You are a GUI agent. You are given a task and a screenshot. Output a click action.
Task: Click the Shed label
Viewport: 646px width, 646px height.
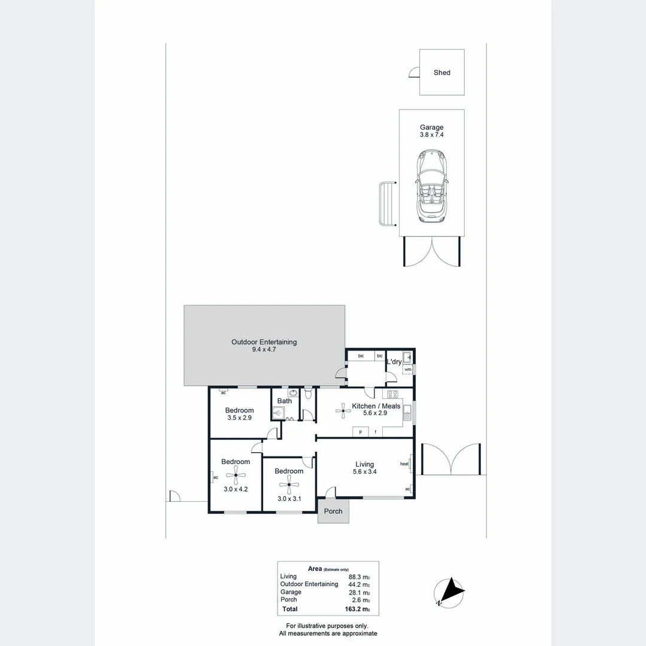(442, 72)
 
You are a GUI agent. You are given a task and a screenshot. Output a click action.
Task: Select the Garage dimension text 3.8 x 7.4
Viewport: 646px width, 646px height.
(431, 135)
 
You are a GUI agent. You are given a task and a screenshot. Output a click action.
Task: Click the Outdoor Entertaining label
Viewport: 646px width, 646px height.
(264, 342)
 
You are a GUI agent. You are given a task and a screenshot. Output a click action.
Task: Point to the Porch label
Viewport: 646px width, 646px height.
(333, 511)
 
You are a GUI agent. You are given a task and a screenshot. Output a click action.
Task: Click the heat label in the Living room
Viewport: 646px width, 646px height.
(404, 464)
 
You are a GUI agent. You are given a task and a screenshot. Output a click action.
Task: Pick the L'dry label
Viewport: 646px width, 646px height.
(394, 362)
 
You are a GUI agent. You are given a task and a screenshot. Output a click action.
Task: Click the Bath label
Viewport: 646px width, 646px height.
(285, 401)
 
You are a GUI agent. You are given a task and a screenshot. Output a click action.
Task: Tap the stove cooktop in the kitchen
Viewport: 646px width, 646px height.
(393, 394)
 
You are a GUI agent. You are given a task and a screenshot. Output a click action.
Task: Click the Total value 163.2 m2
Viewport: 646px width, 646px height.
(356, 610)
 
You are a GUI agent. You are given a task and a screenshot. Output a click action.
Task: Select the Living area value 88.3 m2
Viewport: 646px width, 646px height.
(359, 577)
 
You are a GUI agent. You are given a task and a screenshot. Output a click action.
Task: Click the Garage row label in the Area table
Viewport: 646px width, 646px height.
(291, 592)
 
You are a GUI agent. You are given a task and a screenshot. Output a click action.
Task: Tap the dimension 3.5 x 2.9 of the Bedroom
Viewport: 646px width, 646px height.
(239, 418)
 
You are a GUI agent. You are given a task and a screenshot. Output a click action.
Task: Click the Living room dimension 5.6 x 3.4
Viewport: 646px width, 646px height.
(364, 472)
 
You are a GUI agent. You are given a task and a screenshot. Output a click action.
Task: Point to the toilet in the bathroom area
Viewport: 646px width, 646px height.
(308, 395)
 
